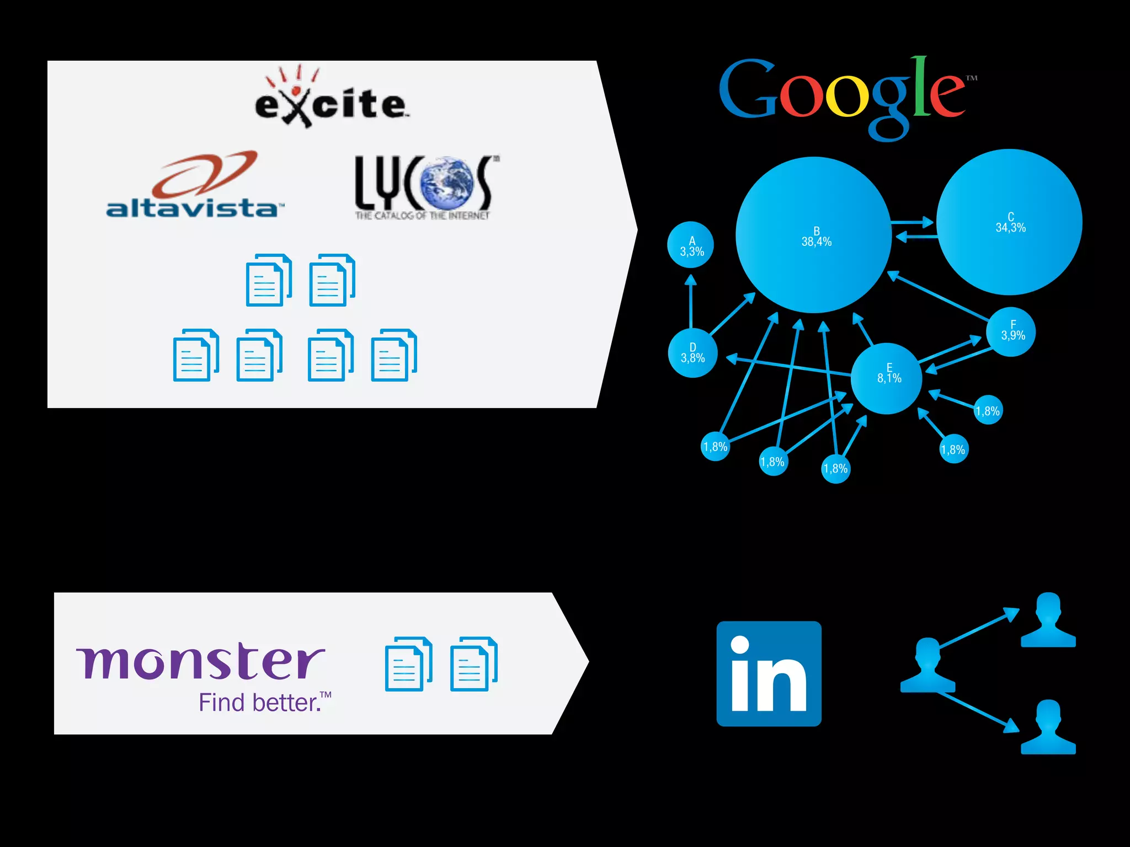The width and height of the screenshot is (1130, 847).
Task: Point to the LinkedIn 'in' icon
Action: (769, 673)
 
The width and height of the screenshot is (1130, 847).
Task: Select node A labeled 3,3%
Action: (690, 245)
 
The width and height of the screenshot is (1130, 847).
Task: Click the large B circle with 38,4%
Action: (814, 235)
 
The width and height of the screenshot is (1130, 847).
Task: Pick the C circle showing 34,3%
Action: (1010, 222)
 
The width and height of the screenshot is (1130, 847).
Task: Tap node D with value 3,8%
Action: (692, 353)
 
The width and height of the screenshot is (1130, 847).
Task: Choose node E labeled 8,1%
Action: (887, 378)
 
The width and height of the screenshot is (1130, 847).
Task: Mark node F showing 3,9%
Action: (1011, 332)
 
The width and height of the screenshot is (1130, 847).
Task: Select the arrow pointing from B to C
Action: (913, 222)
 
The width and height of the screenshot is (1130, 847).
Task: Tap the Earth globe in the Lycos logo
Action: (446, 182)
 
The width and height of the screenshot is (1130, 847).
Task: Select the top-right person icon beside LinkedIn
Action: (1048, 620)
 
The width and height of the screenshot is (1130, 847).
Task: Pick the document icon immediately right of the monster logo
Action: (408, 664)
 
